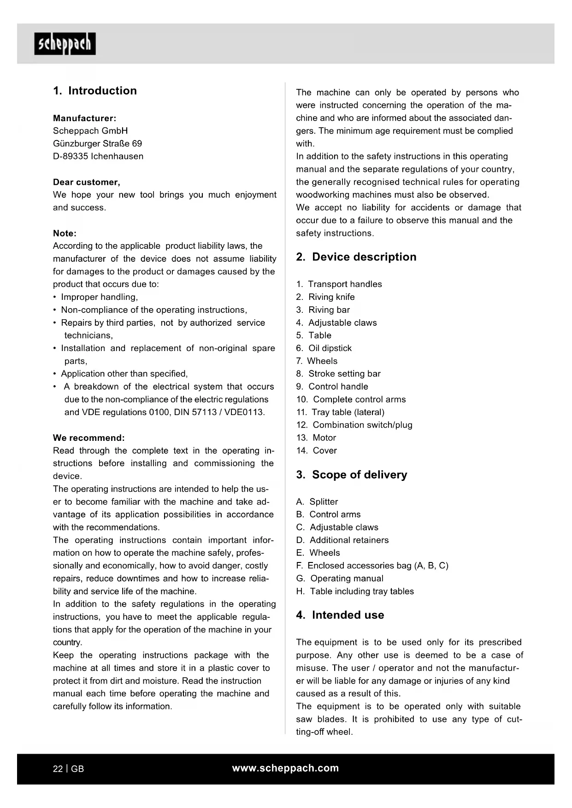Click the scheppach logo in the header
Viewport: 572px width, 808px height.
65,44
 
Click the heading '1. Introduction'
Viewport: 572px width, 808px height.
95,91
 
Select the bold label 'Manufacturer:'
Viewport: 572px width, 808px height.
84,118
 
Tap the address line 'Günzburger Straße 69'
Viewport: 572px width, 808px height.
97,144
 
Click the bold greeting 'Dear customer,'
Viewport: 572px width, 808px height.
87,182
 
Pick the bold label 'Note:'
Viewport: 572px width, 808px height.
65,234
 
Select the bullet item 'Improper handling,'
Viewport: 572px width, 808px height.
99,297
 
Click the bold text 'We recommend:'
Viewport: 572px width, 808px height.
89,438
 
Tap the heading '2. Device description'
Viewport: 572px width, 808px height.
356,257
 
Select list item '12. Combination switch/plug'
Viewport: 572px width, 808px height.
354,425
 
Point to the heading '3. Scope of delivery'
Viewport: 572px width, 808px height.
351,475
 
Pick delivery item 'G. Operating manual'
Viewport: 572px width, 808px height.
340,579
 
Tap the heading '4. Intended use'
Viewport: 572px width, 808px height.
340,615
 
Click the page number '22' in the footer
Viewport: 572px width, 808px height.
58,769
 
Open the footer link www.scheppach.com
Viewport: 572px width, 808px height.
285,768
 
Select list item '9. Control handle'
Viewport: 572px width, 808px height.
332,386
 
